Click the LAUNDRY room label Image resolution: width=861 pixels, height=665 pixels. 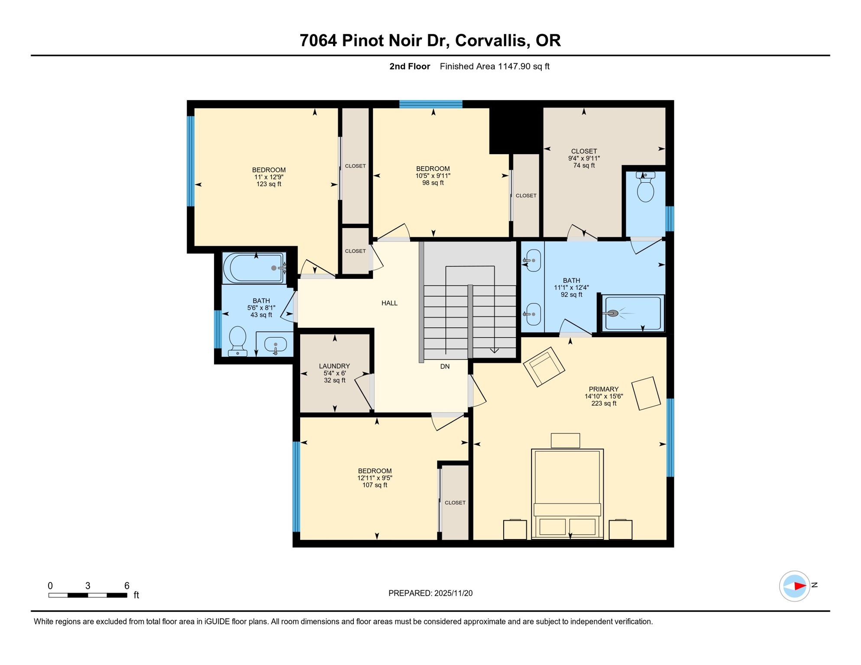[x=334, y=366]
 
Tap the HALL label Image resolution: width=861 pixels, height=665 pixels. [x=389, y=303]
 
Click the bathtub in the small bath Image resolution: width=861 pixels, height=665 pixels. [x=254, y=268]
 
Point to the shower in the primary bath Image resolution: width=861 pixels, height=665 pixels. [x=633, y=313]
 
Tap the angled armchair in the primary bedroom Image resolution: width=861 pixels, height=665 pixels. [x=544, y=366]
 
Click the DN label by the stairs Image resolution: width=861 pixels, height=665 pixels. [x=445, y=366]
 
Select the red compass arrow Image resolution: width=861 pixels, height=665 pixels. [x=799, y=586]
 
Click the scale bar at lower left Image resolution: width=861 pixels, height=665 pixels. [x=87, y=595]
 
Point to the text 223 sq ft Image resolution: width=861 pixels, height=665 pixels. [x=604, y=404]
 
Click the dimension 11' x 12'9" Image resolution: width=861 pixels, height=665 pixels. [x=269, y=177]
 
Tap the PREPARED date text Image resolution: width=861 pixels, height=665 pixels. [x=430, y=593]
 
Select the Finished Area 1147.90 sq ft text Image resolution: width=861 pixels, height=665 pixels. [x=494, y=66]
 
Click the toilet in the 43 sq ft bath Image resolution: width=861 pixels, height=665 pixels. [x=237, y=340]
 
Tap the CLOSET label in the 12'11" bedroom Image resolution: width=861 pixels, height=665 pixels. [x=455, y=503]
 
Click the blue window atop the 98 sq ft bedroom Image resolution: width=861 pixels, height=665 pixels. [x=430, y=104]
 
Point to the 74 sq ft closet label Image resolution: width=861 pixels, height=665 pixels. [x=584, y=165]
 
